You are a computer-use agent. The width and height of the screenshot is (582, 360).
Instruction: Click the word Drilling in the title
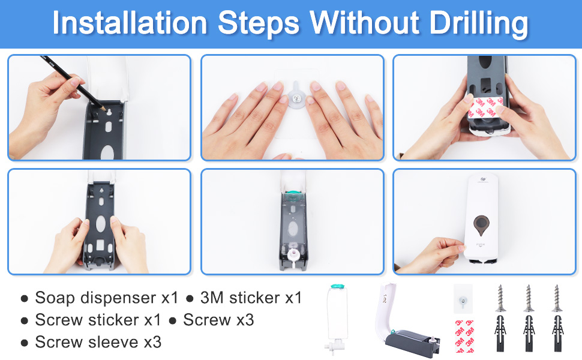(478, 23)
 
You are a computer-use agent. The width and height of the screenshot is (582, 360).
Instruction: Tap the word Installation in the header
(130, 23)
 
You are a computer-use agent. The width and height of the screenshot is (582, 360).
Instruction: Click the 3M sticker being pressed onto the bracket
(485, 107)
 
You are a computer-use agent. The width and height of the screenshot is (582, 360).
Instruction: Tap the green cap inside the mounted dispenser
(293, 194)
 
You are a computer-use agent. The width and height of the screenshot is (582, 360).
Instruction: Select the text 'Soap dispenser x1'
(107, 298)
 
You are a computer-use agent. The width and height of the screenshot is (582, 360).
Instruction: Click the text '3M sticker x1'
(251, 298)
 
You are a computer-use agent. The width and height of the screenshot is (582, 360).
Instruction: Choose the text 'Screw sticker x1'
(98, 320)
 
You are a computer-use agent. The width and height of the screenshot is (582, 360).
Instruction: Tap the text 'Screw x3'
(218, 320)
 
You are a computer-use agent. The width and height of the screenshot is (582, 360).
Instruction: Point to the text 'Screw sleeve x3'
(98, 342)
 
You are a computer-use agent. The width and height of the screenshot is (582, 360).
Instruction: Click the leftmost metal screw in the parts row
(500, 298)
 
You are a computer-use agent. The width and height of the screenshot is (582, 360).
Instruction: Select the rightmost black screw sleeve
(557, 333)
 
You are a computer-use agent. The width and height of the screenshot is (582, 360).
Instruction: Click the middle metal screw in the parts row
(529, 298)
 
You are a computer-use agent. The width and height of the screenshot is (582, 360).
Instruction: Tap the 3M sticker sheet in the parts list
(464, 336)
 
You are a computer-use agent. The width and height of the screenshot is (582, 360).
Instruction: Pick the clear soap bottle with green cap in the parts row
(337, 317)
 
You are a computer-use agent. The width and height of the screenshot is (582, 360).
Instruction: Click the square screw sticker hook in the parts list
(463, 299)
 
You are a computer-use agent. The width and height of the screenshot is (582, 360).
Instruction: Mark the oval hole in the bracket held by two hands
(101, 224)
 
